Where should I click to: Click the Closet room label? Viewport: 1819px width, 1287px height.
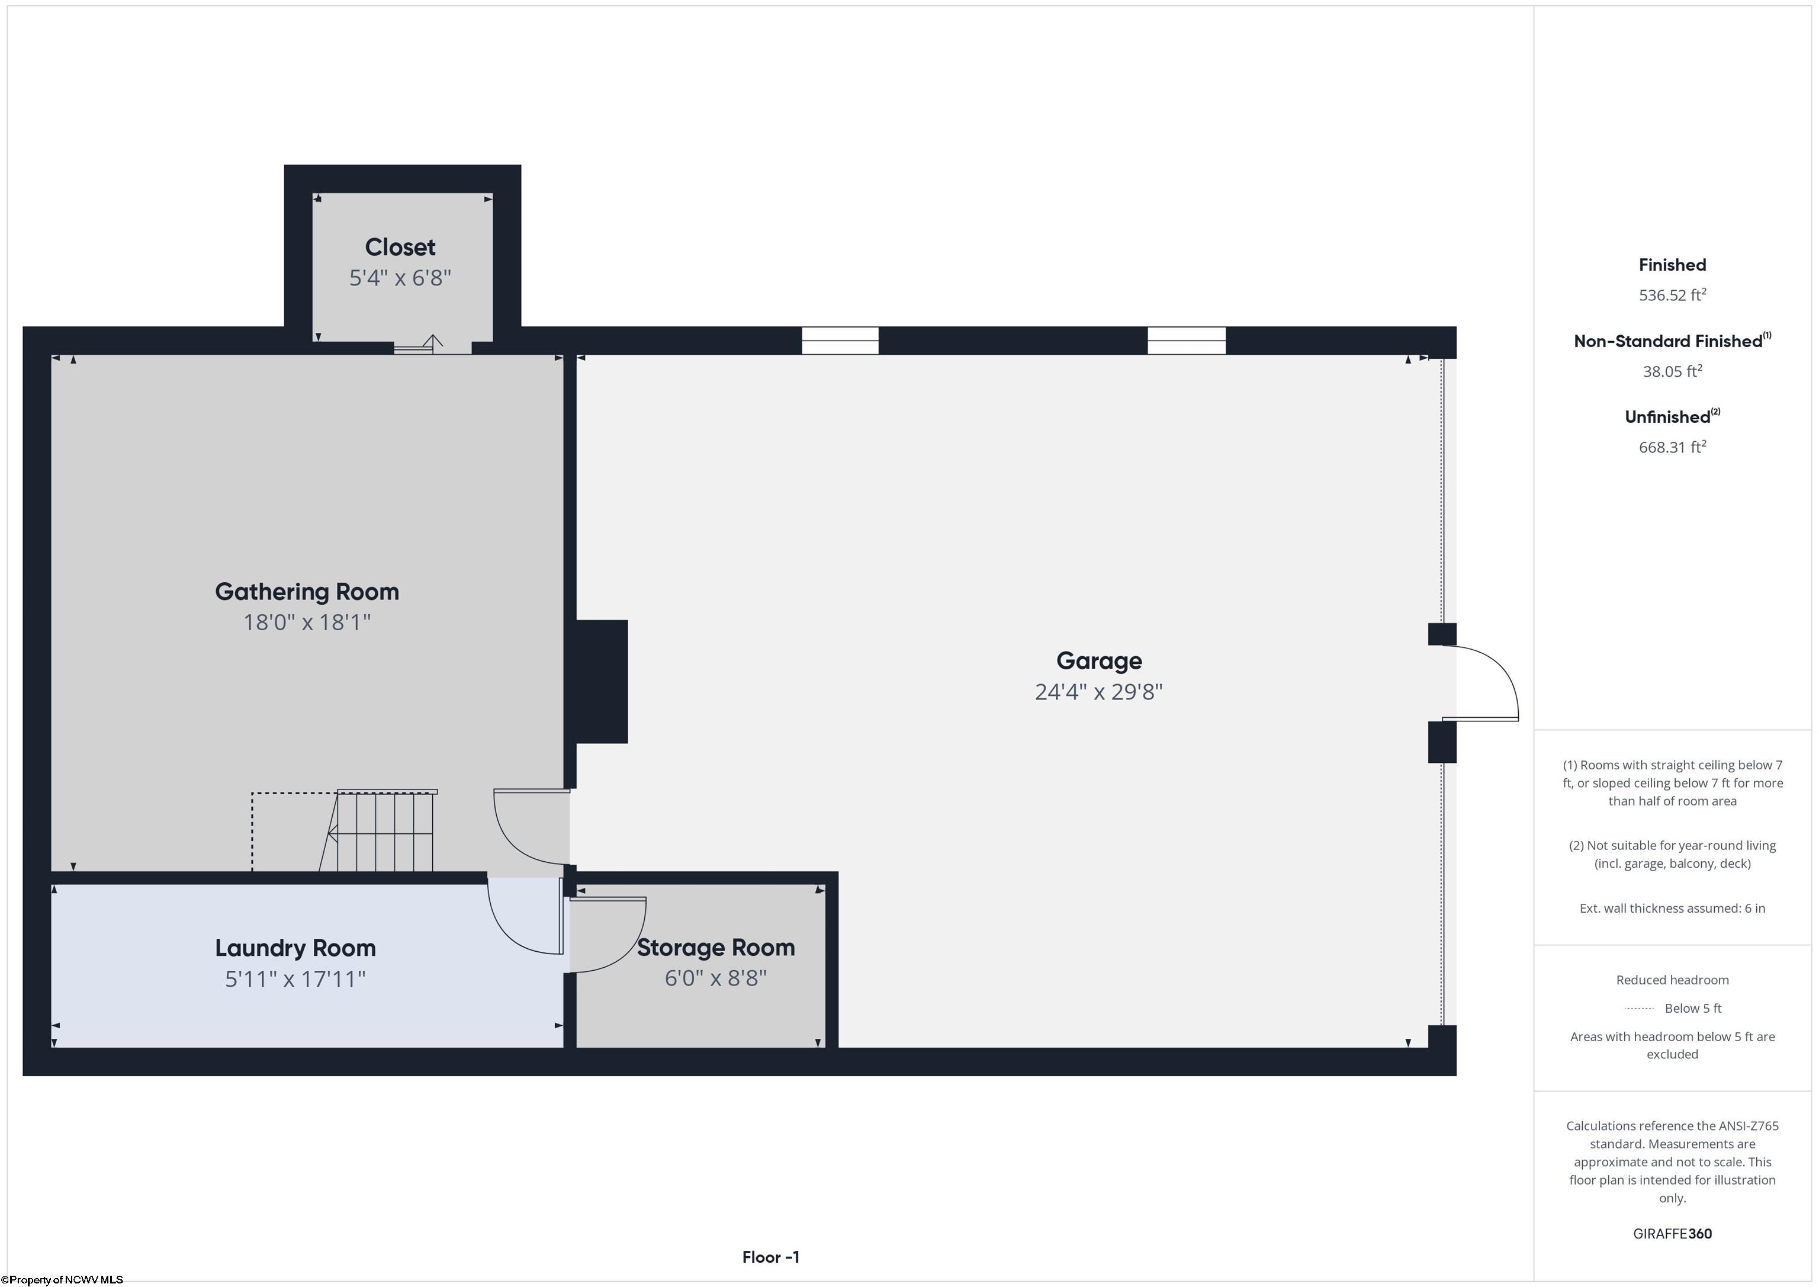(400, 247)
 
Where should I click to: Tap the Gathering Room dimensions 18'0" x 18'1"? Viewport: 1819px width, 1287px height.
(307, 622)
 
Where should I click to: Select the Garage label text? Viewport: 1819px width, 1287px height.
(1099, 661)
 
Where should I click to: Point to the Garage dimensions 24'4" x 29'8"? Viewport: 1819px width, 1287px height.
(1099, 692)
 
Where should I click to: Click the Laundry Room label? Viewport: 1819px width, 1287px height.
(295, 948)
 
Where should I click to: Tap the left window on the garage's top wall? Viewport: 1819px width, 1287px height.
(840, 341)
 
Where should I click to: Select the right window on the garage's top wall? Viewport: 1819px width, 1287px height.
(1187, 341)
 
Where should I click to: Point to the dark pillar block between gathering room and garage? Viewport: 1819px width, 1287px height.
(600, 682)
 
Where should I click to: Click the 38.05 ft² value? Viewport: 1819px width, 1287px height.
(1672, 371)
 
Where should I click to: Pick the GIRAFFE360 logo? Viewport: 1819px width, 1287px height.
(1672, 1234)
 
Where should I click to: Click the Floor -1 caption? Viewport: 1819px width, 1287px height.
(771, 1257)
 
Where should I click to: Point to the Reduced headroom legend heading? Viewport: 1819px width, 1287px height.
(1672, 980)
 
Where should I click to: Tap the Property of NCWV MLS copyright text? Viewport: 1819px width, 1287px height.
(62, 1280)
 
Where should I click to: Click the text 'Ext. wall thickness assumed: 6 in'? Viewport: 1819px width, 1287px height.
(1672, 908)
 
